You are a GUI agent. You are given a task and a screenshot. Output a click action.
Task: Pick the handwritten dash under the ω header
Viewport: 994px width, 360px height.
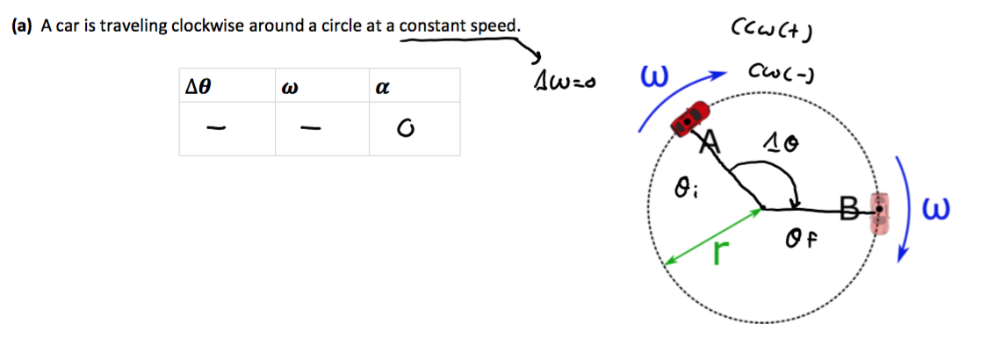click(x=307, y=130)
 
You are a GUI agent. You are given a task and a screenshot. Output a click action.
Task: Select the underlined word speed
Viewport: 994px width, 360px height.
click(x=495, y=25)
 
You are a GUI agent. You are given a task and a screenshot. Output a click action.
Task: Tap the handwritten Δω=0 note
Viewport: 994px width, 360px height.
click(x=565, y=84)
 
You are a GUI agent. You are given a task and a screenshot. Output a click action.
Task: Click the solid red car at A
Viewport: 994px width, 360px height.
click(x=690, y=118)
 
